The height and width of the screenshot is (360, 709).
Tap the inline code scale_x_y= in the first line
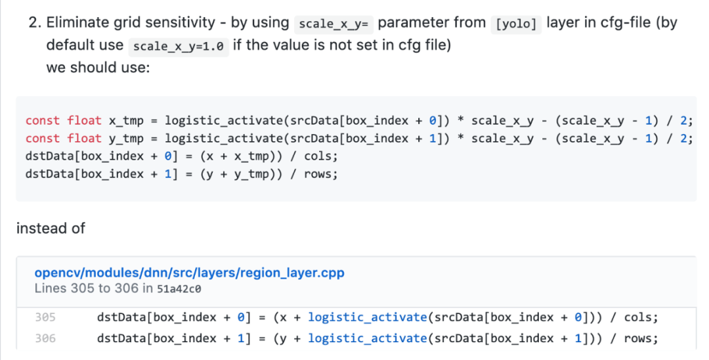tap(335, 24)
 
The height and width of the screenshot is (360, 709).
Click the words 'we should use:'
tap(98, 67)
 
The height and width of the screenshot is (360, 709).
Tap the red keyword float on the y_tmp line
tap(85, 139)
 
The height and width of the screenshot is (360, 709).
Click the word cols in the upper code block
tap(318, 156)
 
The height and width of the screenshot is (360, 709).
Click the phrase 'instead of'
tap(51, 229)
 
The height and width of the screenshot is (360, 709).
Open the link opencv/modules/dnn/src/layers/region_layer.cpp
tap(189, 273)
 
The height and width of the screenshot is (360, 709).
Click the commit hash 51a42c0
tap(179, 288)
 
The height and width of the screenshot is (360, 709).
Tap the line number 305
tap(46, 318)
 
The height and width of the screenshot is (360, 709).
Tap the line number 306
tap(46, 338)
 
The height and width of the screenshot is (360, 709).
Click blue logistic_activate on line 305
tap(367, 318)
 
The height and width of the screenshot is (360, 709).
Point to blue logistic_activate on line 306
tap(367, 338)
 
